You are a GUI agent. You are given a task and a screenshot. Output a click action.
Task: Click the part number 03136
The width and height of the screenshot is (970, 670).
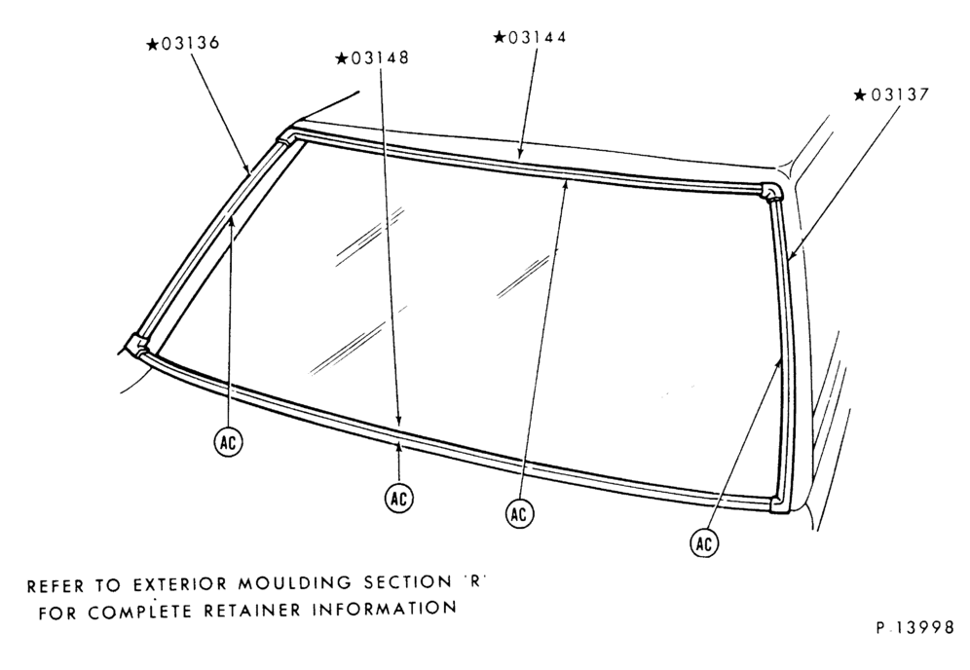pyautogui.click(x=190, y=44)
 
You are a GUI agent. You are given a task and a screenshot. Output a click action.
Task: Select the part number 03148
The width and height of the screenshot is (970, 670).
pyautogui.click(x=379, y=58)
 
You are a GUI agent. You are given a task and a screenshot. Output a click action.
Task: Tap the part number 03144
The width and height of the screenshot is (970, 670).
pyautogui.click(x=537, y=37)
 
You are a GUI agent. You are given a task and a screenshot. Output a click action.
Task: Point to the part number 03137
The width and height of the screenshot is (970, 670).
pyautogui.click(x=900, y=94)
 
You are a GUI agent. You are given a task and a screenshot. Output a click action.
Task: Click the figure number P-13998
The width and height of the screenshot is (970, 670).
pyautogui.click(x=914, y=628)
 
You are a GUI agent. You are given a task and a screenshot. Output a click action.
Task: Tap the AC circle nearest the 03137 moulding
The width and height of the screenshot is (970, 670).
pyautogui.click(x=704, y=543)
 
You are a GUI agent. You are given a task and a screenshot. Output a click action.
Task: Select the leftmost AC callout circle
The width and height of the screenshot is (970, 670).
pyautogui.click(x=228, y=442)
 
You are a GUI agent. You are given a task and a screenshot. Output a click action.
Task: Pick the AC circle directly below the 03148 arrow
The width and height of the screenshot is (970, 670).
pyautogui.click(x=399, y=498)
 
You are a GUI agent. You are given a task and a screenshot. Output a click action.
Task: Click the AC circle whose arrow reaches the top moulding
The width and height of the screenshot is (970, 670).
pyautogui.click(x=519, y=513)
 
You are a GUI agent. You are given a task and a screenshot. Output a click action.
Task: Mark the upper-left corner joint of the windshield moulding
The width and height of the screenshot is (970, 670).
pyautogui.click(x=285, y=137)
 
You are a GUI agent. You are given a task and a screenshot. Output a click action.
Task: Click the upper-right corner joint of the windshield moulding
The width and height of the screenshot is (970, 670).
pyautogui.click(x=770, y=191)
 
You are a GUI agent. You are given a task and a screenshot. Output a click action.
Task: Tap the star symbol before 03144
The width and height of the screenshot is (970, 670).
pyautogui.click(x=500, y=36)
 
